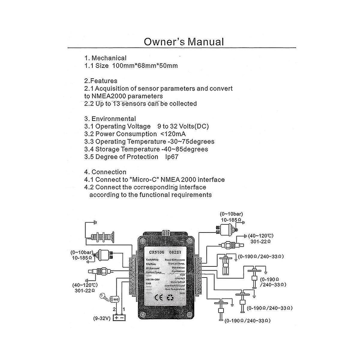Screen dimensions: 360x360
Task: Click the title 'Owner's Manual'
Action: [184, 41]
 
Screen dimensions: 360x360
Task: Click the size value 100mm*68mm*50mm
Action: [145, 66]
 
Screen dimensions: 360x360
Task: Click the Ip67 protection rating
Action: [172, 157]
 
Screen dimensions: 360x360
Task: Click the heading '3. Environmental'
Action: [110, 119]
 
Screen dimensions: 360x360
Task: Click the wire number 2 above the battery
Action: [114, 309]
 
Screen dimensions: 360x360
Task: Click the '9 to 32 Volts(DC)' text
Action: [183, 126]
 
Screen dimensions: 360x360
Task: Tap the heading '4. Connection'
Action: [105, 172]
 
